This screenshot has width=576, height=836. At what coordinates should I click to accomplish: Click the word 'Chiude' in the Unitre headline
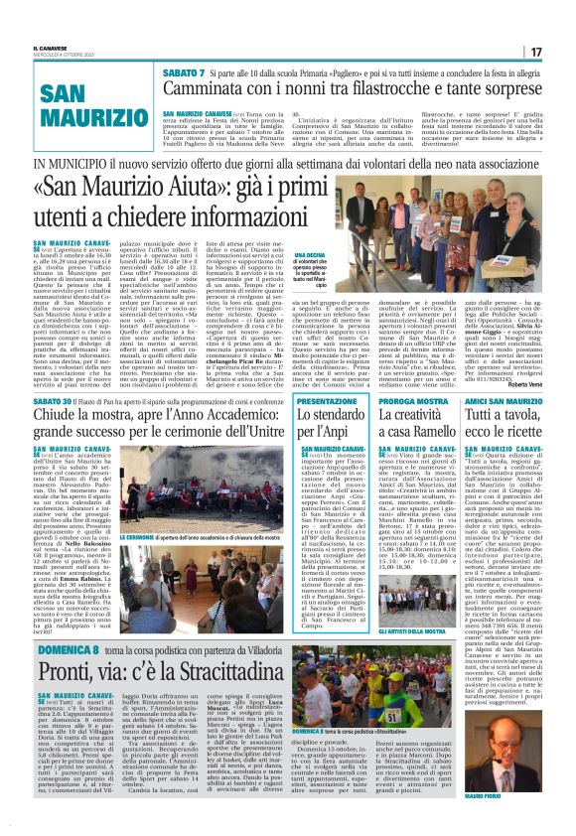click(62, 414)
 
